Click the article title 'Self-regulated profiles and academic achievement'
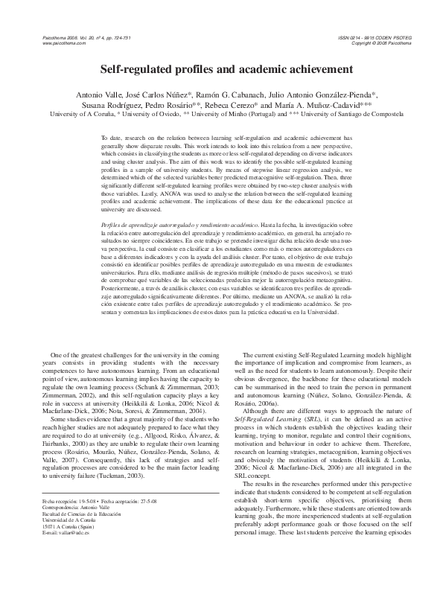[221, 69]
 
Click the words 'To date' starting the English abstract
[110, 138]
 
